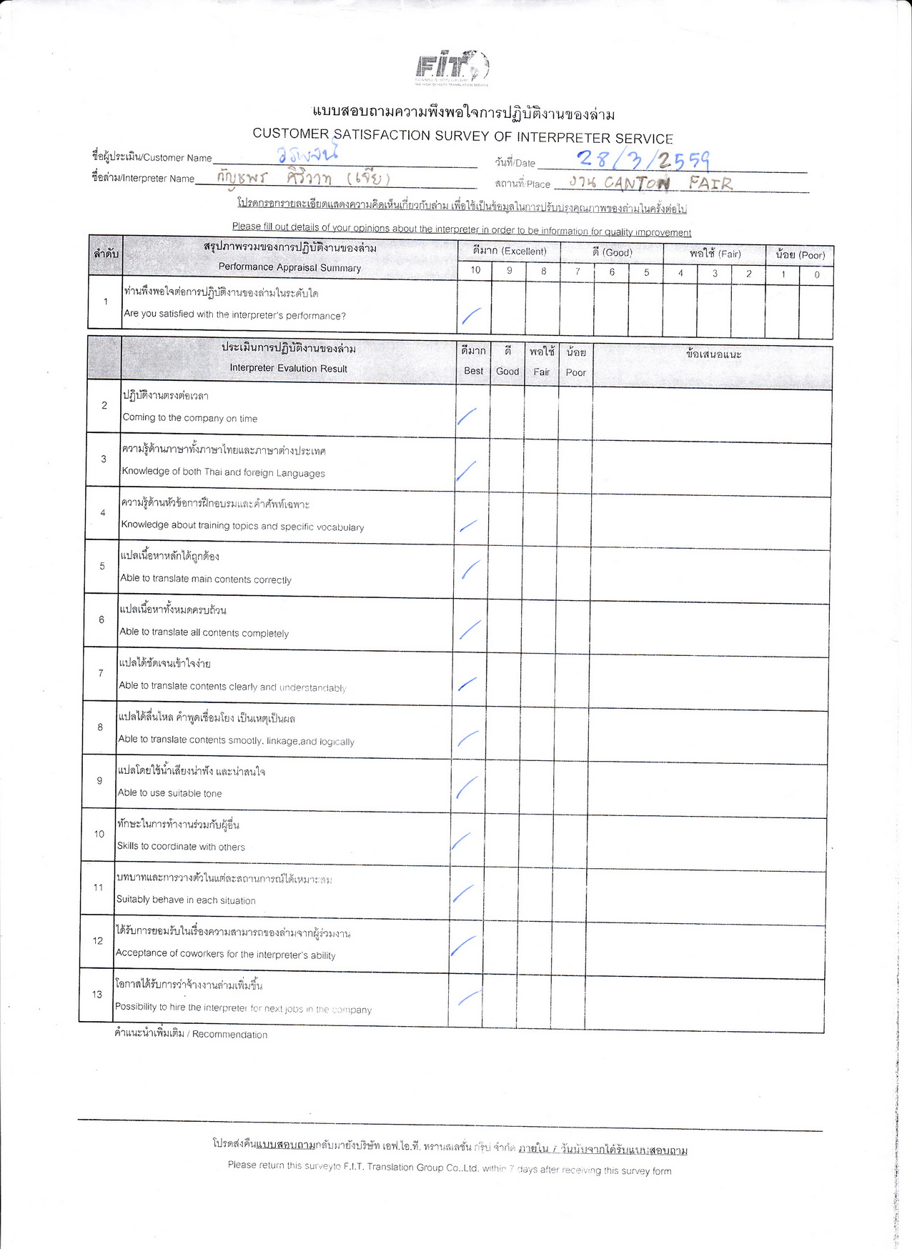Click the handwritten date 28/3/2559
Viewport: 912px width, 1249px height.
(643, 159)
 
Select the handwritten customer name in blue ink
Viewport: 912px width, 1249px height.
(307, 154)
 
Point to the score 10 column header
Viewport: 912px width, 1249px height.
(475, 270)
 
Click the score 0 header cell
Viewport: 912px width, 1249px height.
(816, 274)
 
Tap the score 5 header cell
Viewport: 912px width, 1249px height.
(646, 272)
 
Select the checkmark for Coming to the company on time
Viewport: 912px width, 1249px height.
(467, 416)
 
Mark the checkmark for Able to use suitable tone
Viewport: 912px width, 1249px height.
(466, 787)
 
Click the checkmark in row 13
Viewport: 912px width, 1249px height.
(468, 998)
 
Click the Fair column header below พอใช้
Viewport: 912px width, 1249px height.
(541, 372)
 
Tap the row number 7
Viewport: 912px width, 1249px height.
(101, 673)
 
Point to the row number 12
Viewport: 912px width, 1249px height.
(98, 941)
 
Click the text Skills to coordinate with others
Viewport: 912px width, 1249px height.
(181, 847)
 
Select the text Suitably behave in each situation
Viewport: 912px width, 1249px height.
(186, 900)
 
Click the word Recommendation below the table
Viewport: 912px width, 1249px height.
(229, 1035)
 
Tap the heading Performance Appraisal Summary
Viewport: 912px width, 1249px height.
(289, 267)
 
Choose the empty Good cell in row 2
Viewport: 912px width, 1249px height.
(507, 411)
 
